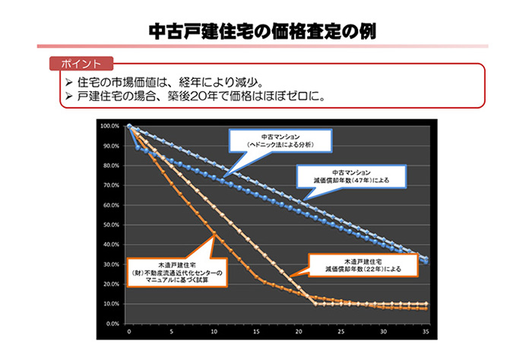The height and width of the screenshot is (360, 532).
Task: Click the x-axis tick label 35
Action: point(426,332)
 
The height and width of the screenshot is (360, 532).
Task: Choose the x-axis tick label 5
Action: point(172,332)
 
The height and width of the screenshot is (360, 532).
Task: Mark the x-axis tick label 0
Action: point(130,332)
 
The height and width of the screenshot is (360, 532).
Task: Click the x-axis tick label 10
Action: point(214,332)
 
